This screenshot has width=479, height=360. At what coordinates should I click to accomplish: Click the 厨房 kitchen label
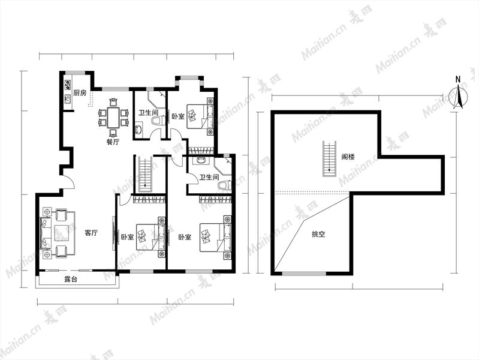[x=80, y=93]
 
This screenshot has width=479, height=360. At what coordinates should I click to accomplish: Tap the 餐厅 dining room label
[x=113, y=142]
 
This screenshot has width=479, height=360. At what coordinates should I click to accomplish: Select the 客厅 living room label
[x=91, y=233]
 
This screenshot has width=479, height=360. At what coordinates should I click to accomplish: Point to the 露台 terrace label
[x=71, y=279]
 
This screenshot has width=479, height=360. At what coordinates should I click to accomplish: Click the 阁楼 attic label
[x=348, y=157]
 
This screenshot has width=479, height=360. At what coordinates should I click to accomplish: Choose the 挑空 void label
[x=318, y=234]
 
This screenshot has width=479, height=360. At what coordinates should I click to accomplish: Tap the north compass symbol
[x=458, y=94]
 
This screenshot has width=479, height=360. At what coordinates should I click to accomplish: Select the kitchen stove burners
[x=68, y=85]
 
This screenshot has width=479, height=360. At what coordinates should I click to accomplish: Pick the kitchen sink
[x=68, y=100]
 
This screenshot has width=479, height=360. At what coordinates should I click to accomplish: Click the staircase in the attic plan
[x=330, y=159]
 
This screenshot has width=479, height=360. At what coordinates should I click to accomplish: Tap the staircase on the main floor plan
[x=146, y=175]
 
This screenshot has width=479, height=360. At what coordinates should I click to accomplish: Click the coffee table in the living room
[x=65, y=233]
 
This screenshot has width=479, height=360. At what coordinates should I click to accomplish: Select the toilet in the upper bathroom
[x=157, y=121]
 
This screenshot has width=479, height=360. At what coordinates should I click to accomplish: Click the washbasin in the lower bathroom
[x=201, y=161]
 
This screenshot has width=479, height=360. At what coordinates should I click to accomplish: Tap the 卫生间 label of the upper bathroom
[x=149, y=113]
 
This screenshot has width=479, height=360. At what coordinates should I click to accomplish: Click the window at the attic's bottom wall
[x=304, y=274]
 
